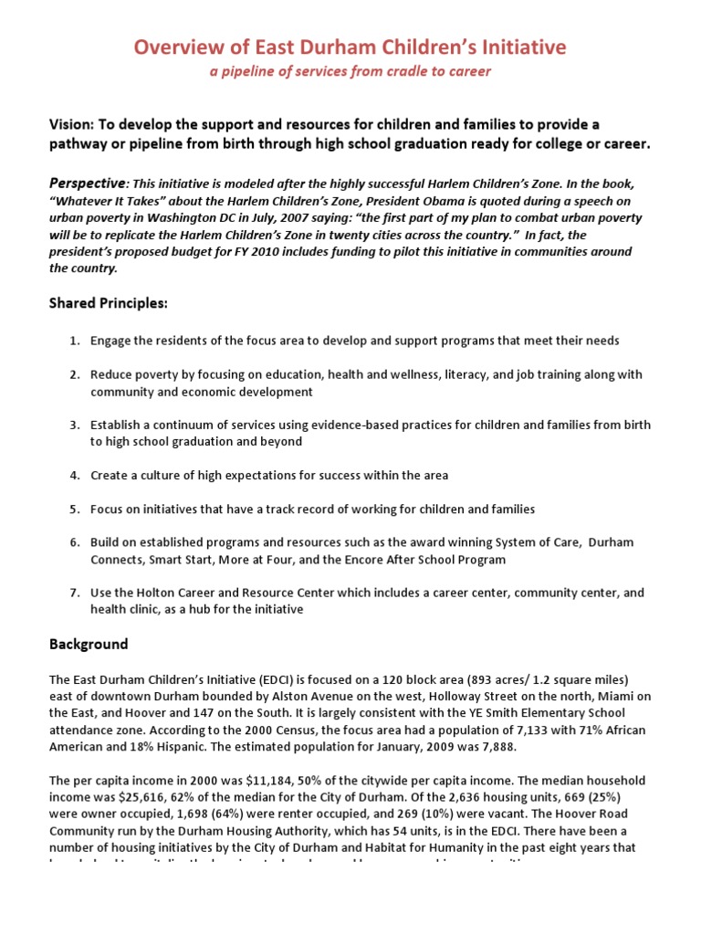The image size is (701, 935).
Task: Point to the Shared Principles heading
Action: coord(109,302)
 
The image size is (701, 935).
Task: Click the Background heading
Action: coord(89,644)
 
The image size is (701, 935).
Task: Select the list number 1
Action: coord(74,341)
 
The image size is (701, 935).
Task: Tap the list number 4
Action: coord(74,476)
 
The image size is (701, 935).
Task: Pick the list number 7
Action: coord(74,593)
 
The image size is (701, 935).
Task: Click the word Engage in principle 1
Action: coord(110,341)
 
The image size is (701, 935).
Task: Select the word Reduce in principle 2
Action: coord(110,374)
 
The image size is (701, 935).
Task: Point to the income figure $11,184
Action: coord(233,781)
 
